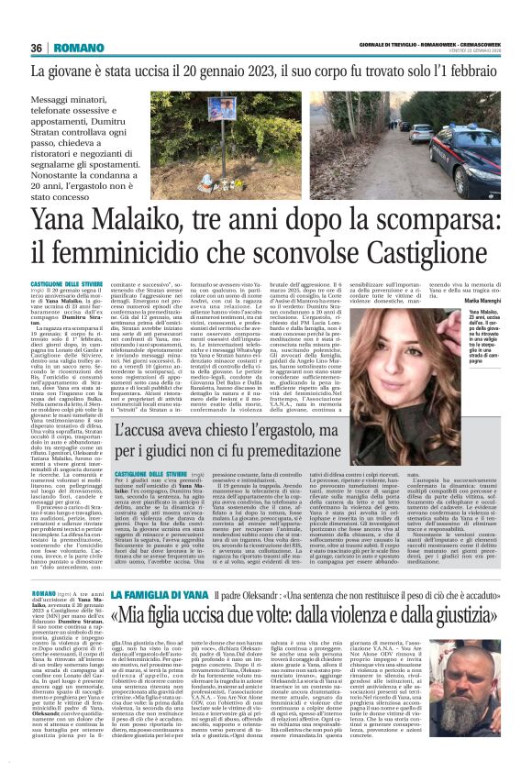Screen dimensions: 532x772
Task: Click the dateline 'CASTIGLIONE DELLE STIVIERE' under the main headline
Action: [65, 286]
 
